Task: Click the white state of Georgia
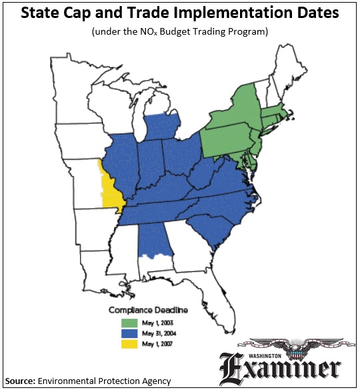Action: click(186, 247)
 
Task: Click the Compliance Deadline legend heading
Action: click(148, 311)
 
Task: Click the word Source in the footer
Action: click(21, 381)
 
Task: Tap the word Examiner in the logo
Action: click(287, 367)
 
